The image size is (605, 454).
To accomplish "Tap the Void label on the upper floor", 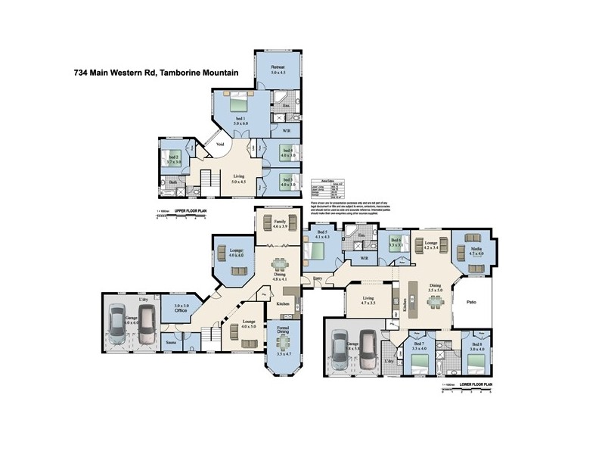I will [x=220, y=143].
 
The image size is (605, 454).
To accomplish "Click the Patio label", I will [x=470, y=303].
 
